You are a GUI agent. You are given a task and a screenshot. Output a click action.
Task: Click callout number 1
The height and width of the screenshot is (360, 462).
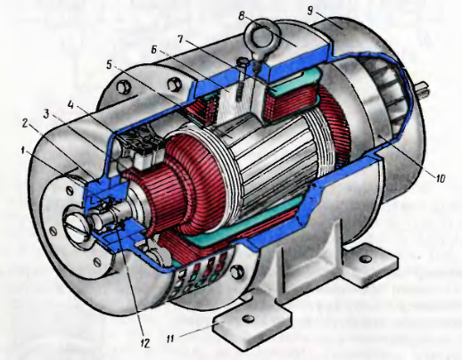click(22, 151)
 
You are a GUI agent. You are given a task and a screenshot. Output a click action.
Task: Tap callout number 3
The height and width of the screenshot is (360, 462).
click(46, 114)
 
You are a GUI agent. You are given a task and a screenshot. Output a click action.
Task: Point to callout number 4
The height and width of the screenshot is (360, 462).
click(70, 105)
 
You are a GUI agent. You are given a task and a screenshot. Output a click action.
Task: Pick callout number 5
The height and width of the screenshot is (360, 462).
click(111, 65)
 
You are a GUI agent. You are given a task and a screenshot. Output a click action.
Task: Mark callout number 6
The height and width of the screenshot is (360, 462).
click(153, 50)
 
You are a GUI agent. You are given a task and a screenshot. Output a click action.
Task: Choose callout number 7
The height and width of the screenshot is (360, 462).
click(181, 39)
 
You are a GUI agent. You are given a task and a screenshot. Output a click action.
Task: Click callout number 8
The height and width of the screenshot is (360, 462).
click(243, 15)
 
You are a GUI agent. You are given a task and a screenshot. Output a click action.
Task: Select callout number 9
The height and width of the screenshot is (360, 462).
click(310, 11)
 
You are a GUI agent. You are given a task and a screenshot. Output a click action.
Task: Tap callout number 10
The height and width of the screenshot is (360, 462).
click(441, 178)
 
